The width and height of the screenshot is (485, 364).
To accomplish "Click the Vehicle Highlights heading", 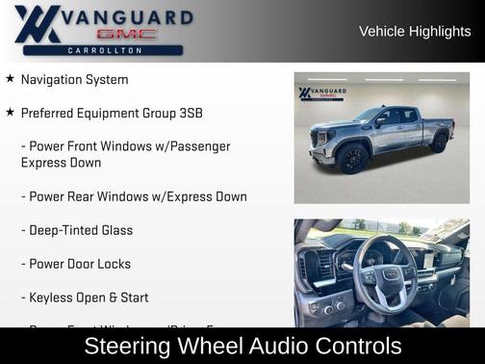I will pyautogui.click(x=415, y=31).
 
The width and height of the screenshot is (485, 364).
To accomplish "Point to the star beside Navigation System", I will pyautogui.click(x=10, y=79).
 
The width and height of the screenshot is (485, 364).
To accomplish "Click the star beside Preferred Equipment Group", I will pyautogui.click(x=10, y=113).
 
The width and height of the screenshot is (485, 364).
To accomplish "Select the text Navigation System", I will pyautogui.click(x=74, y=79).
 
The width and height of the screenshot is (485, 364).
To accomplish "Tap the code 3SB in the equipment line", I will pyautogui.click(x=188, y=113).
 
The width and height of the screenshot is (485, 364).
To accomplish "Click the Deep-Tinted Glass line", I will pyautogui.click(x=81, y=230).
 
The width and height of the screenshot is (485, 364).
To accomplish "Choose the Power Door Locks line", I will pyautogui.click(x=80, y=264).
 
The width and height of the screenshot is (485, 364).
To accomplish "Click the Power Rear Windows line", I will pyautogui.click(x=138, y=196).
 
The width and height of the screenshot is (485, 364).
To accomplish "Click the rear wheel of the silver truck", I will pyautogui.click(x=439, y=143).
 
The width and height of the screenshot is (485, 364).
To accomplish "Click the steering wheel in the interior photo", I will pyautogui.click(x=385, y=274).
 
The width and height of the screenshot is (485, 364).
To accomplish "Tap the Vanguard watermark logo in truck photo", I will pyautogui.click(x=321, y=94).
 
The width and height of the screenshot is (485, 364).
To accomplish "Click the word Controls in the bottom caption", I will pyautogui.click(x=352, y=346).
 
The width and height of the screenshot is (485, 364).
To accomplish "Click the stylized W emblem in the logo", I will pyautogui.click(x=37, y=24).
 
